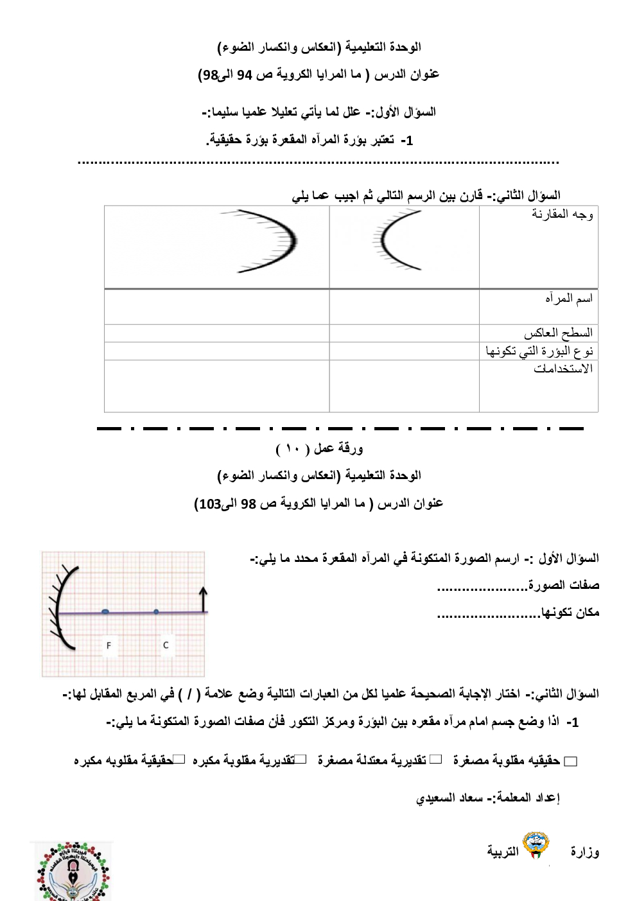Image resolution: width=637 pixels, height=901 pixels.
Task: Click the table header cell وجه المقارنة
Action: [x=562, y=214]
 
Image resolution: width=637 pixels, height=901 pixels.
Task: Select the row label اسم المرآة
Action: [x=569, y=299]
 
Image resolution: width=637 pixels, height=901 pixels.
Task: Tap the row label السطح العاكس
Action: [x=558, y=333]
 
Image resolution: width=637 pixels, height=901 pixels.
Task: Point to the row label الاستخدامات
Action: [x=563, y=369]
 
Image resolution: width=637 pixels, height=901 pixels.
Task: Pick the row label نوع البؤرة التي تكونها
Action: [x=539, y=351]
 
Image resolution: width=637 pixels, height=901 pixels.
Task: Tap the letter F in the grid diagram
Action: [x=109, y=645]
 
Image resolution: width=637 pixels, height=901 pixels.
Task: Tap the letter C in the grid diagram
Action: [x=166, y=645]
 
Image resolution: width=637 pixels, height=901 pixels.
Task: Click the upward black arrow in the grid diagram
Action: [x=204, y=599]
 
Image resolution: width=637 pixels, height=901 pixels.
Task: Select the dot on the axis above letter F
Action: [x=105, y=612]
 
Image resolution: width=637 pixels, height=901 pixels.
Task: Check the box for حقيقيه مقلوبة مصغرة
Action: [x=571, y=762]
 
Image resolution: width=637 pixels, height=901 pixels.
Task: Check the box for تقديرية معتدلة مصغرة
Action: [x=436, y=760]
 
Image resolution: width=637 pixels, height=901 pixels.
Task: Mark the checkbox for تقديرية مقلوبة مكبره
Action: [x=301, y=760]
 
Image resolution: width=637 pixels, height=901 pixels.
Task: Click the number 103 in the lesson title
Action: [x=210, y=504]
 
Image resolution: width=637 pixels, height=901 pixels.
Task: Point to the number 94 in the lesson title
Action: [x=245, y=75]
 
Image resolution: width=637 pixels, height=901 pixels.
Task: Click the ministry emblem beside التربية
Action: [x=536, y=846]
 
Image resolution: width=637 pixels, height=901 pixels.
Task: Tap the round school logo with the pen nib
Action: [x=72, y=871]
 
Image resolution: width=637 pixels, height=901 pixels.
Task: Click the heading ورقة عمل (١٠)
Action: [x=319, y=448]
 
